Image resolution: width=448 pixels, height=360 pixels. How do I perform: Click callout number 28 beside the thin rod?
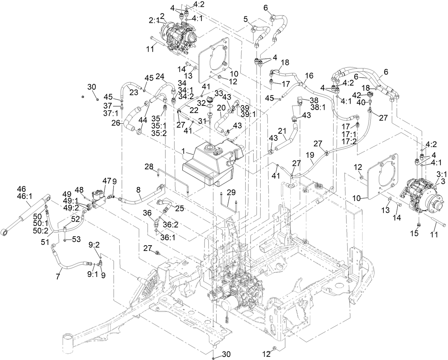pos(149,166)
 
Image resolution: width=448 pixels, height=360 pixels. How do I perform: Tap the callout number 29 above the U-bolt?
pos(231,192)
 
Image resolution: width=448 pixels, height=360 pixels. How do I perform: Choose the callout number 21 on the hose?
pos(282,132)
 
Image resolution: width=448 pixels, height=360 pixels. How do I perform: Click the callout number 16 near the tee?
pos(309,76)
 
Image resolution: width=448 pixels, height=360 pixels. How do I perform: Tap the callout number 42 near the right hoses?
pos(357,95)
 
